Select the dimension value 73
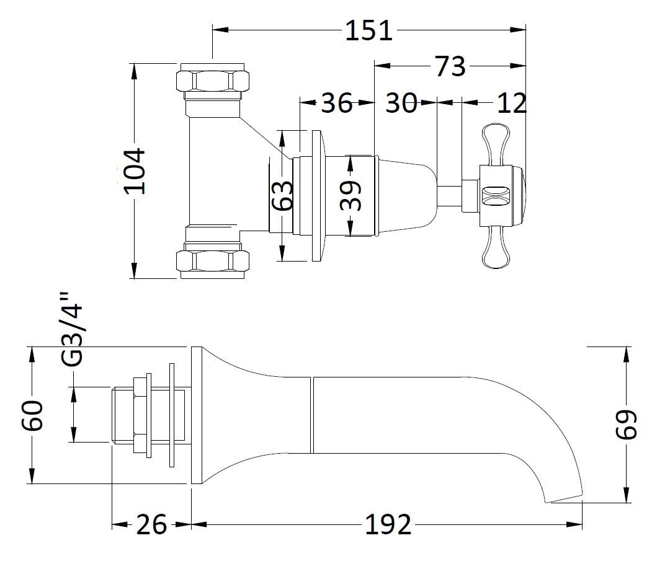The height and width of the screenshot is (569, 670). (450, 66)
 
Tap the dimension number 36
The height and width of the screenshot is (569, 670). (336, 103)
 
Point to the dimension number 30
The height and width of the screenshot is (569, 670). (401, 103)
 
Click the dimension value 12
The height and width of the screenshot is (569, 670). (512, 103)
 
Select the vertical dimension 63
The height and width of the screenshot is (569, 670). (283, 196)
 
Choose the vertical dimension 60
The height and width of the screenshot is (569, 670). (32, 415)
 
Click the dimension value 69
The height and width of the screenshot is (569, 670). (627, 425)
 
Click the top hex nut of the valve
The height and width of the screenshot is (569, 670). (213, 80)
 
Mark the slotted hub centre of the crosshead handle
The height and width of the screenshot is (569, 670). (494, 196)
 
